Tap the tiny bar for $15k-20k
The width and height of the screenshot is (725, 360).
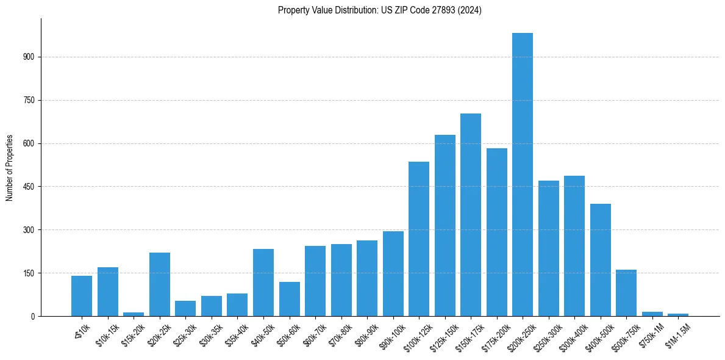134,314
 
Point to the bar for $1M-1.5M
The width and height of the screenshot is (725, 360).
678,315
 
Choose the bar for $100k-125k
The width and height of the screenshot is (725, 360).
419,239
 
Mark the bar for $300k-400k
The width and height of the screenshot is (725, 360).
574,246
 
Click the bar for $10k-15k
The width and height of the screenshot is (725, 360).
108,292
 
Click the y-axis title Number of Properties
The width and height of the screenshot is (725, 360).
10,167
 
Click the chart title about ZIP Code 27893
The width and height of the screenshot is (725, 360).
379,10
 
